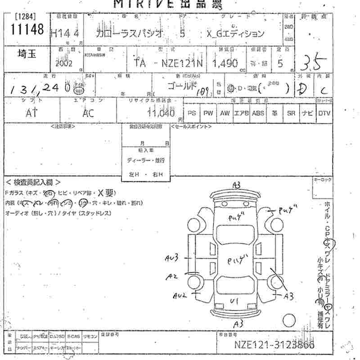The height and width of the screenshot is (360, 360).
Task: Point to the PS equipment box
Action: [192, 113]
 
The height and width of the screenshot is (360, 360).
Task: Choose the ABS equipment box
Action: [258, 113]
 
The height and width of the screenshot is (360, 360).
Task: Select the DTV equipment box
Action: [324, 113]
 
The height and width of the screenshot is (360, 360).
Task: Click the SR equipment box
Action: [291, 113]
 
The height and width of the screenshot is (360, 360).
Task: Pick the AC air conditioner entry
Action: [88, 113]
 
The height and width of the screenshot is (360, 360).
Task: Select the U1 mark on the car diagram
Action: [234, 300]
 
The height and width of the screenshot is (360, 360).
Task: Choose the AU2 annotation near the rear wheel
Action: [180, 295]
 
